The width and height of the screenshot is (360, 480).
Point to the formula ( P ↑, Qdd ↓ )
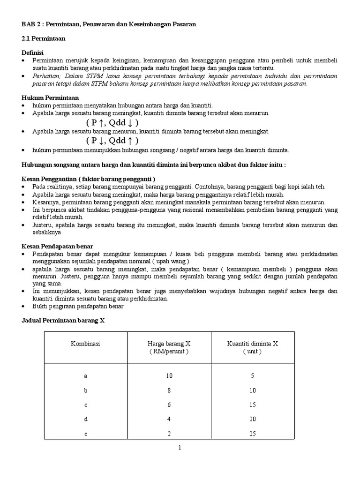click(x=112, y=122)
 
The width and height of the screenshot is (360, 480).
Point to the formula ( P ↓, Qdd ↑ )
click(x=112, y=141)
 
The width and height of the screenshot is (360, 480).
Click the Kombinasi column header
click(x=85, y=344)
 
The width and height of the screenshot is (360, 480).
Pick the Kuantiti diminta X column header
click(x=253, y=347)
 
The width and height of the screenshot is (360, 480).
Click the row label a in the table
click(x=85, y=376)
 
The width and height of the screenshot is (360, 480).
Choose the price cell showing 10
click(x=169, y=376)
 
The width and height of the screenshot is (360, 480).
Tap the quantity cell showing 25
click(x=253, y=434)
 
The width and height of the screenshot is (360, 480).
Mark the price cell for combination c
click(x=169, y=405)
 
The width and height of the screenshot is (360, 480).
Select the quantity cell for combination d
click(x=253, y=419)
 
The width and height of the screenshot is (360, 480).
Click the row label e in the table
click(x=85, y=434)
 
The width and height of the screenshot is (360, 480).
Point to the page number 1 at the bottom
click(x=180, y=448)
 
